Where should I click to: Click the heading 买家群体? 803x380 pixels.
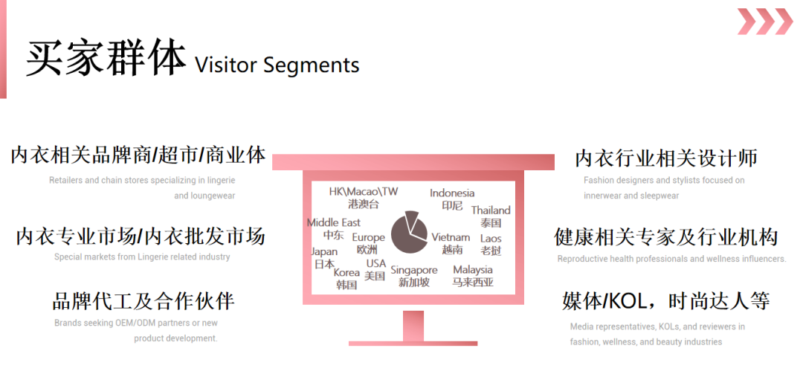coord(106,59)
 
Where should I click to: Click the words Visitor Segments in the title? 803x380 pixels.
coord(277,65)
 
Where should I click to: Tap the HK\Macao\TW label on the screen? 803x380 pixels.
coord(364,192)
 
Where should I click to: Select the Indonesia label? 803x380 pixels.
coord(452,193)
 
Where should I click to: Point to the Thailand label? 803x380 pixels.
coord(491,210)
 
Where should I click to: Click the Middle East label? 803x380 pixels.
coord(333,222)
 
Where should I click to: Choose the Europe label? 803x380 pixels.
coord(368,238)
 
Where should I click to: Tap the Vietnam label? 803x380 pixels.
coord(451,237)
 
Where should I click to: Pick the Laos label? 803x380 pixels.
coord(491,238)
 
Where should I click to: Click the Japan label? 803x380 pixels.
coord(324,252)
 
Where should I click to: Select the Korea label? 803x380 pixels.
coord(346,272)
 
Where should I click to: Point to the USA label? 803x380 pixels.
coord(376,263)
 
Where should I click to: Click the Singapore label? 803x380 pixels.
coord(414,270)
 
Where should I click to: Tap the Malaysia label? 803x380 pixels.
coord(473,269)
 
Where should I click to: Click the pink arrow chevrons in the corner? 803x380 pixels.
coord(765,22)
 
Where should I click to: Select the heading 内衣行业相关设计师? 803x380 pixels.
coord(666,158)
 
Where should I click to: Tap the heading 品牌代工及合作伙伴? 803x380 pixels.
coord(143,301)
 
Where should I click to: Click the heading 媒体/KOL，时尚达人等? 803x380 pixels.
coord(665,301)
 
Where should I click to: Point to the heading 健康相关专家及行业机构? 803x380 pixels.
coord(665,237)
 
